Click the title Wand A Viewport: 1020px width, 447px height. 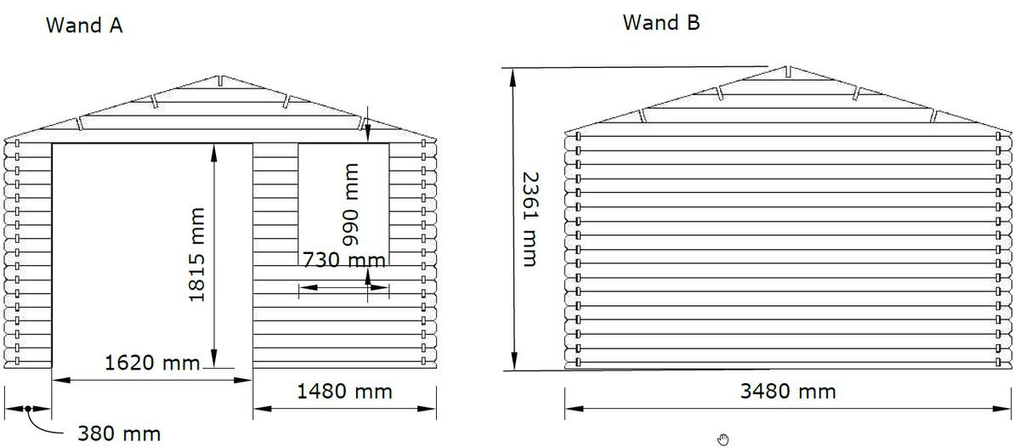(84, 25)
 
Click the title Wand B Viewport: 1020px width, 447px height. (661, 23)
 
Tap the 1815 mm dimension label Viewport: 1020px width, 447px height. (196, 255)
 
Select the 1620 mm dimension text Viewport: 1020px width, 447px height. (152, 363)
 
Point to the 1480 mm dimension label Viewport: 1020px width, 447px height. (344, 392)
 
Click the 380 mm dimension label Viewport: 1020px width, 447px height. (119, 433)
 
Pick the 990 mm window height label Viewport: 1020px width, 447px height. (350, 205)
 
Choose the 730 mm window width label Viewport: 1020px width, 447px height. (344, 260)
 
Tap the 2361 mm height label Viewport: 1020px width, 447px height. (530, 219)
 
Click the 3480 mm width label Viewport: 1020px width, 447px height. (788, 392)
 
